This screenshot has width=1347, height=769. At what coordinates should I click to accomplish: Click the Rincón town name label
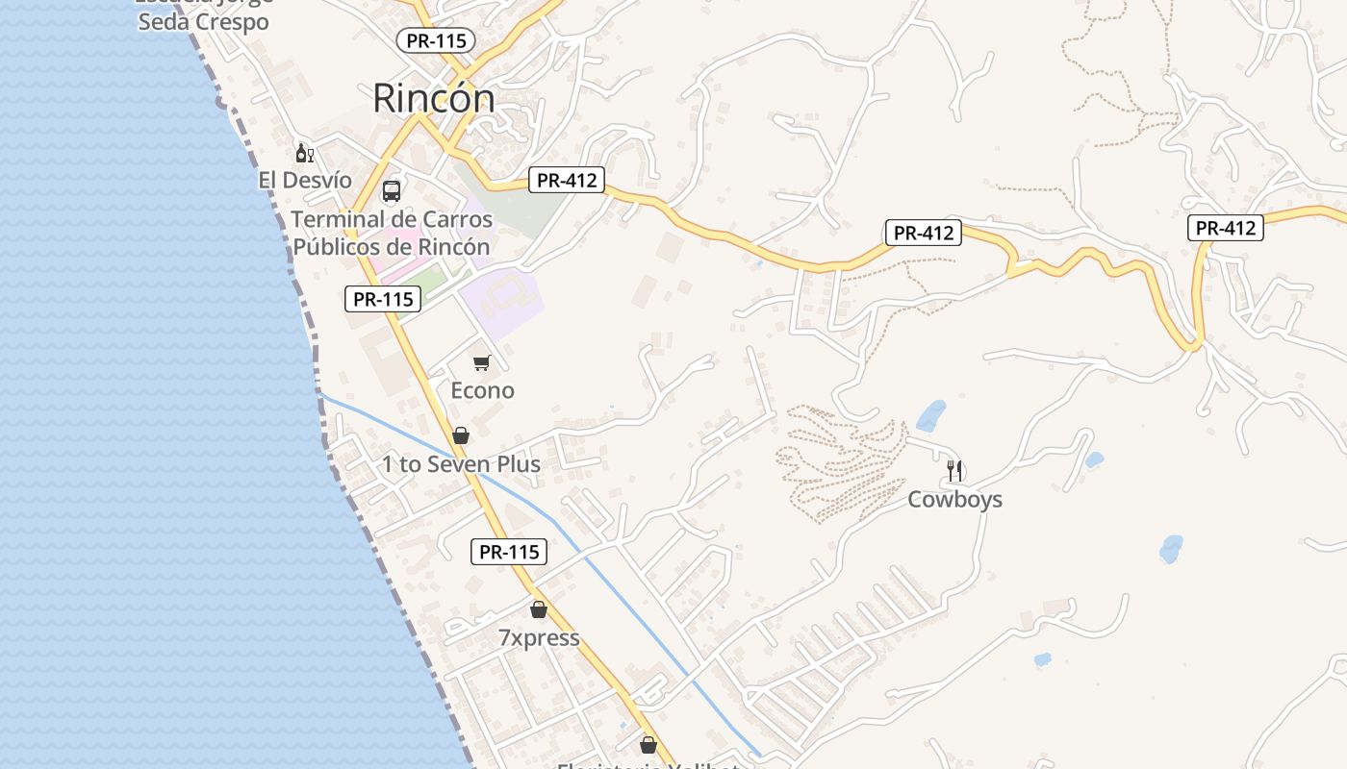433,98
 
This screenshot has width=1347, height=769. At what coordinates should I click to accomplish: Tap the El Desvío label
305,180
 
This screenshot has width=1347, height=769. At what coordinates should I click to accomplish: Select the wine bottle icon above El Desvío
304,153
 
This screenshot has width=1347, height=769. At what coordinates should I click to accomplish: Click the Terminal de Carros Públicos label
392,233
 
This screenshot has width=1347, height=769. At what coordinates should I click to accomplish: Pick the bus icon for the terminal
392,190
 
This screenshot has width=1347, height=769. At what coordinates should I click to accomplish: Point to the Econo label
482,390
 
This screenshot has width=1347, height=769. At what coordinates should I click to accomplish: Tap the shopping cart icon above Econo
481,362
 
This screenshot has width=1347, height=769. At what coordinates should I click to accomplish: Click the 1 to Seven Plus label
461,464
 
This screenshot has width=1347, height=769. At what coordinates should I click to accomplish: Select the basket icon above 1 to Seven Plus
461,435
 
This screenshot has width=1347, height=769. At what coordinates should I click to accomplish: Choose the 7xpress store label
539,637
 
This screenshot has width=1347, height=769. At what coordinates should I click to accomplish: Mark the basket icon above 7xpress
539,609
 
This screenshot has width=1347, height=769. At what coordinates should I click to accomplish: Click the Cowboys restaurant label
954,499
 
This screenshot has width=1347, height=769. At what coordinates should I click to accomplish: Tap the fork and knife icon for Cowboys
954,470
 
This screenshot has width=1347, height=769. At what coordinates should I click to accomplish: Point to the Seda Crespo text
203,21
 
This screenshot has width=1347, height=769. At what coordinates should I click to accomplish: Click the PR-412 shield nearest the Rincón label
566,180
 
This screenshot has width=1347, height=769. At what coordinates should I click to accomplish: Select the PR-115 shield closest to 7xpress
509,552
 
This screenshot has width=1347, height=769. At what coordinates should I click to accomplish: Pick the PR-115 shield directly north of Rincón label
435,40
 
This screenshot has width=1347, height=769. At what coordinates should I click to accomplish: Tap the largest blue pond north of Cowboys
931,416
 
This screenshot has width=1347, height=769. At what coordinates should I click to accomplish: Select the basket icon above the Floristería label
648,745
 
